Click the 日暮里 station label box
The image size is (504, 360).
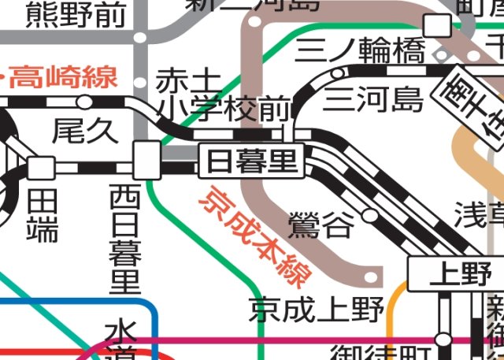[252, 161]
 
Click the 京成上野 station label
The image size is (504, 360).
[317, 310]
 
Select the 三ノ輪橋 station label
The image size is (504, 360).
[361, 52]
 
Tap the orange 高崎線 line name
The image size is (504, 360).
[63, 77]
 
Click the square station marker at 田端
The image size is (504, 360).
[41, 167]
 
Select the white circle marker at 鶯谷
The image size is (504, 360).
[370, 214]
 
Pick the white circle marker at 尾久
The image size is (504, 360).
[84, 102]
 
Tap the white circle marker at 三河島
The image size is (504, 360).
[338, 73]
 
